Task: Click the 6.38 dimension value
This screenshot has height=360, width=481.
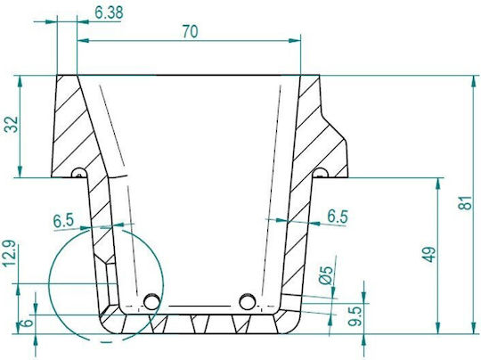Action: [x=109, y=12]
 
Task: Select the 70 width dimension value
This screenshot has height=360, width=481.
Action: [x=191, y=31]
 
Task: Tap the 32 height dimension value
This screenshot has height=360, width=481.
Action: [x=12, y=124]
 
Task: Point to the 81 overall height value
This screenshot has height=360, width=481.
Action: [x=465, y=202]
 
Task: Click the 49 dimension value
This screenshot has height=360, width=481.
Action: [x=428, y=254]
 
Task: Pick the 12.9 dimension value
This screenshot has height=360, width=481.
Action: [x=9, y=253]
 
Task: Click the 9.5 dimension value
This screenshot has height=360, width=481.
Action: [x=355, y=316]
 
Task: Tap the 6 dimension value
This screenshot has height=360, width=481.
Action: [x=26, y=323]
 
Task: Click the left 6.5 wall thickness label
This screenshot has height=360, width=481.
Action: [x=63, y=220]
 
